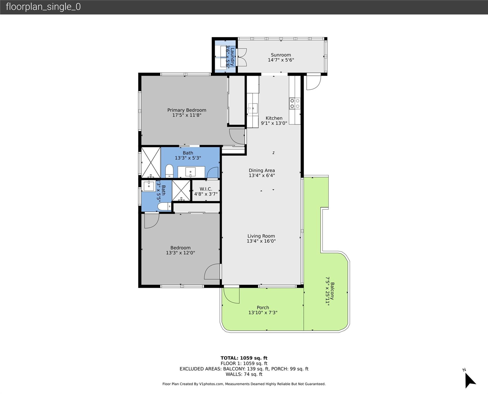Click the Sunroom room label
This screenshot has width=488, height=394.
pyautogui.click(x=281, y=55)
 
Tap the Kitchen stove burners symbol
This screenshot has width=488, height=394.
pyautogui.click(x=295, y=103)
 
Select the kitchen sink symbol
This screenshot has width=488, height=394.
pyautogui.click(x=253, y=108)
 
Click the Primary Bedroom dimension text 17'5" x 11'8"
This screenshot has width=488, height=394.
pyautogui.click(x=187, y=115)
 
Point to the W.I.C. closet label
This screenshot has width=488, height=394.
pyautogui.click(x=206, y=189)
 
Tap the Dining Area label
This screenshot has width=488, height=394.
pyautogui.click(x=261, y=170)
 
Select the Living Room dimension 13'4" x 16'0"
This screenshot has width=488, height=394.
pyautogui.click(x=261, y=241)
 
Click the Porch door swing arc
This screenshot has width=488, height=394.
pyautogui.click(x=231, y=295)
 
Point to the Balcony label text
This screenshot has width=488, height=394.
pyautogui.click(x=332, y=291)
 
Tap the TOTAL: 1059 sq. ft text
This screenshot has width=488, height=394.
pyautogui.click(x=244, y=358)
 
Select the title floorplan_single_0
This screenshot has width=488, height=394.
pyautogui.click(x=43, y=7)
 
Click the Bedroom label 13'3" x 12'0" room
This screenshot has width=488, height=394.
pyautogui.click(x=180, y=248)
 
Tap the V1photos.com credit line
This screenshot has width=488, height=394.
pyautogui.click(x=244, y=384)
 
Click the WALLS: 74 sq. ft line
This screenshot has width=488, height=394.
pyautogui.click(x=244, y=374)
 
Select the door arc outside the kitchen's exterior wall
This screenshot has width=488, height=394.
pyautogui.click(x=314, y=82)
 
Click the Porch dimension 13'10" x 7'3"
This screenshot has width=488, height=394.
pyautogui.click(x=262, y=313)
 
